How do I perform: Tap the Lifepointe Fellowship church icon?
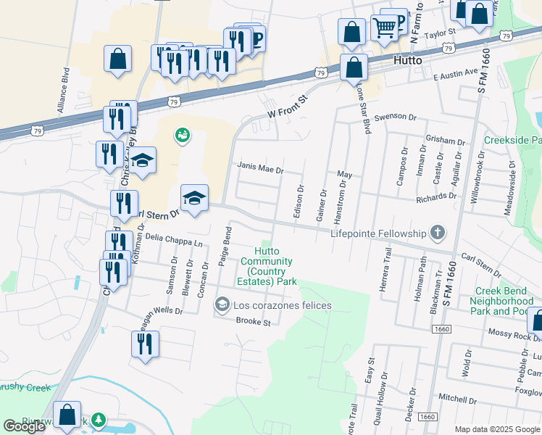(437, 233)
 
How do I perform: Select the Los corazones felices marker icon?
(222, 305)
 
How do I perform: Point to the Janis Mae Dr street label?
(260, 167)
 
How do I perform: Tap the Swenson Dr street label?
(396, 117)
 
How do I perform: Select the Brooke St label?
(253, 321)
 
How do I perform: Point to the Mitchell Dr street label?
(456, 399)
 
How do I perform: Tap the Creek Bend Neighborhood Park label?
(504, 301)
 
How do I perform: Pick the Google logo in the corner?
(24, 426)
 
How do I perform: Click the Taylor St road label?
(439, 33)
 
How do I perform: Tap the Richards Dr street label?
(436, 196)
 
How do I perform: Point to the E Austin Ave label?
(456, 73)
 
